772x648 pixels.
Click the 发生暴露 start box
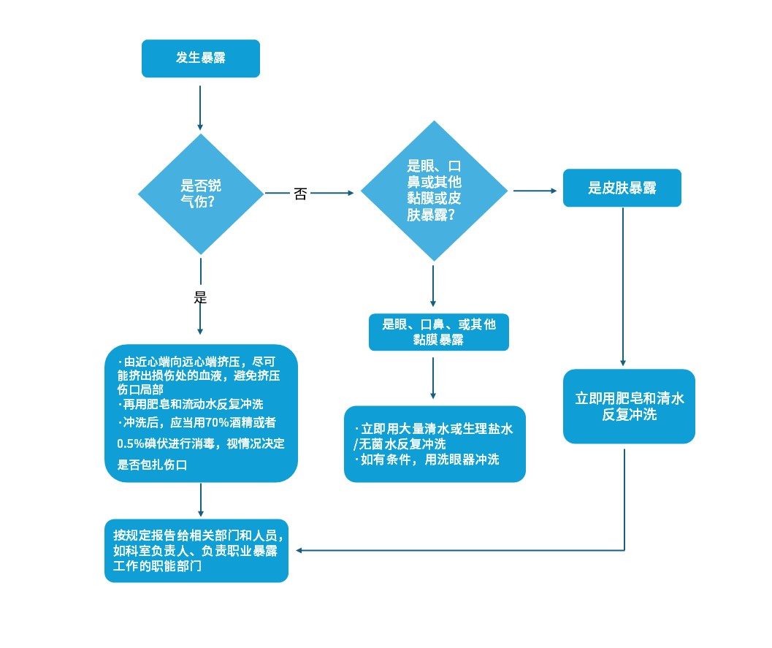pos(200,58)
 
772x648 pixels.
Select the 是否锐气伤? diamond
pos(200,194)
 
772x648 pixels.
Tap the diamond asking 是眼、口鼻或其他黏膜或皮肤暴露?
pos(434,191)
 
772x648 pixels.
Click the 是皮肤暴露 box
pos(622,188)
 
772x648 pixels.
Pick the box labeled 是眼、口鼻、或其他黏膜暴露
pos(438,332)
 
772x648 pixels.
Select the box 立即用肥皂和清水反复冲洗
pos(629,406)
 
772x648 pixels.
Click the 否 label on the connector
pos(300,194)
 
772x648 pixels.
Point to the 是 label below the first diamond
pos(200,298)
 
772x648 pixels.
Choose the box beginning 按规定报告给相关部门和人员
pos(196,550)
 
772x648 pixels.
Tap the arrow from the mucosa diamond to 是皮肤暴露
pos(535,191)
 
